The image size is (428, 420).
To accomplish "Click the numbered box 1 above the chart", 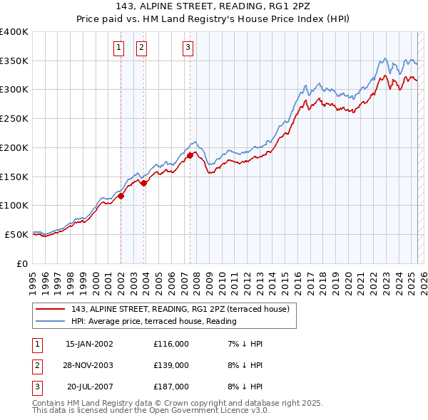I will [118, 48].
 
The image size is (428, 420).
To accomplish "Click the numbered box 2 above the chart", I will [141, 48].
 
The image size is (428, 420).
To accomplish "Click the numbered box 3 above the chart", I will [188, 48].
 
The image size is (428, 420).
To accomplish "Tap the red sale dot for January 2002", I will [121, 196].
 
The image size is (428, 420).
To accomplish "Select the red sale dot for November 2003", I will [144, 183].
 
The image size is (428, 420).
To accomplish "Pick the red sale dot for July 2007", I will [190, 155].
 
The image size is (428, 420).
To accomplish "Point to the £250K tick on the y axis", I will [15, 118].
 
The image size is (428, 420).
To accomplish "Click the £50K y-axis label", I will [17, 234].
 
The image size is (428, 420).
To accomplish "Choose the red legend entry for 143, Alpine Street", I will [180, 309].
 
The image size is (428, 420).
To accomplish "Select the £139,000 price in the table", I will [171, 365].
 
